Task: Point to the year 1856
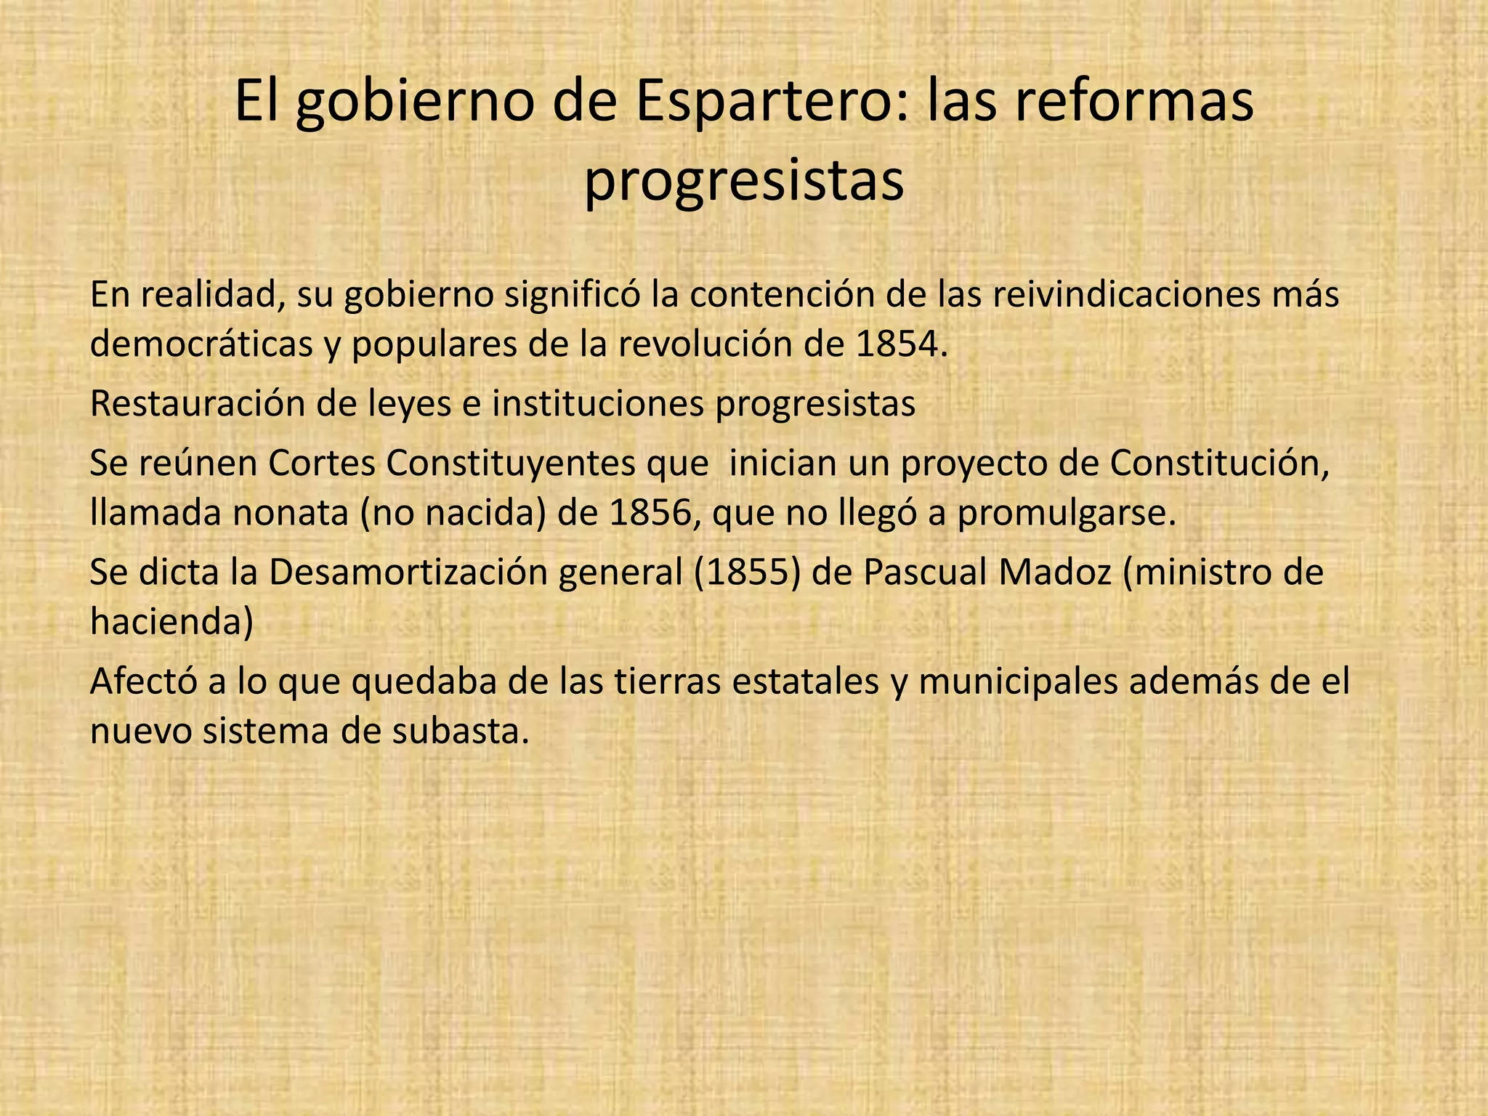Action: click(x=651, y=513)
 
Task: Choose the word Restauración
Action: click(x=197, y=404)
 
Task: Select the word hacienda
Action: click(x=171, y=622)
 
